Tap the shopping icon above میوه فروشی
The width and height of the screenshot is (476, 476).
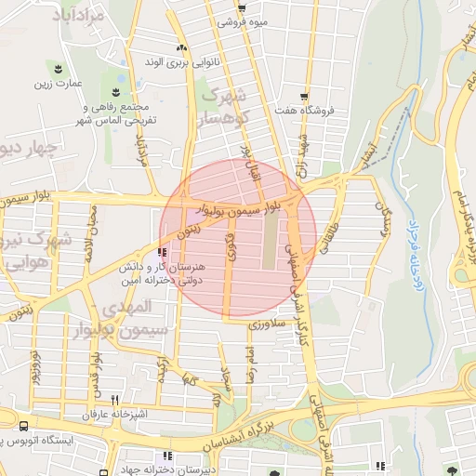pos(242,9)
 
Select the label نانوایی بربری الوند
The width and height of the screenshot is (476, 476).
pos(181,63)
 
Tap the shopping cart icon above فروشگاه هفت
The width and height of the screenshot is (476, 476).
pos(305,96)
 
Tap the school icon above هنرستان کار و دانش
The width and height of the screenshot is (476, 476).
pos(164,252)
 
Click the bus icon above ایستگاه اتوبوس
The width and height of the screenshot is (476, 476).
pos(22,424)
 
